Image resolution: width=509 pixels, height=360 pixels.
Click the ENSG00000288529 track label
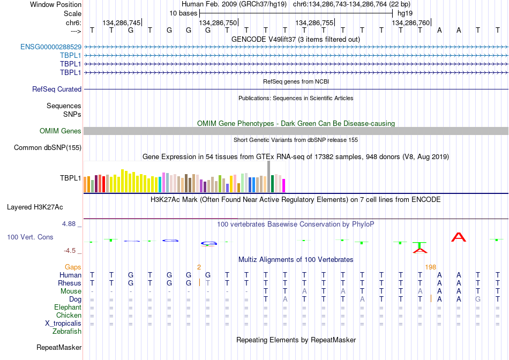(x=51, y=47)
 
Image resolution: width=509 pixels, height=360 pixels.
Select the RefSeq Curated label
(x=57, y=89)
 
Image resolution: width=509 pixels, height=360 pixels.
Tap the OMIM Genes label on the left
(x=61, y=131)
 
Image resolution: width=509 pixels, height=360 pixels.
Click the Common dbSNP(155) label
(x=48, y=148)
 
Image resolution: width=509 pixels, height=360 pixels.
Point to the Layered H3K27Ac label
(x=35, y=207)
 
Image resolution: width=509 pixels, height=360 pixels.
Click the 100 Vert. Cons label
(x=30, y=237)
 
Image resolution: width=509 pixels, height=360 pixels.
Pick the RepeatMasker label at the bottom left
(x=59, y=347)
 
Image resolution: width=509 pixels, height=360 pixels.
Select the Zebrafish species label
(x=67, y=332)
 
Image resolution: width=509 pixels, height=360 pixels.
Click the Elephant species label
(x=68, y=307)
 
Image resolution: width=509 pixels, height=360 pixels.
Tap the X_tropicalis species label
(x=63, y=324)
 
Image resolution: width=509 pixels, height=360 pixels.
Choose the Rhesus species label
(x=70, y=283)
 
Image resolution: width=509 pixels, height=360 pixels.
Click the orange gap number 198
(x=430, y=267)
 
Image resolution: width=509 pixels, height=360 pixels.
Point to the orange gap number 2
(x=199, y=267)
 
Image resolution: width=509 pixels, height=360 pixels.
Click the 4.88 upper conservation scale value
(x=69, y=224)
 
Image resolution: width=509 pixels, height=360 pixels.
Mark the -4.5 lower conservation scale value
(x=70, y=251)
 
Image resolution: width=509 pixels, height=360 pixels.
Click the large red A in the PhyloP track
(x=459, y=237)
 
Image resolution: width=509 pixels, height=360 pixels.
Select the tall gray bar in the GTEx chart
(x=269, y=177)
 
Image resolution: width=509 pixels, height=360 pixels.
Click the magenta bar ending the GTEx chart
(x=284, y=186)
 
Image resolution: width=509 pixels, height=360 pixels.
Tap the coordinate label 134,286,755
(x=314, y=22)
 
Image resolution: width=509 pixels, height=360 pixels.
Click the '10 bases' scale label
(x=183, y=13)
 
